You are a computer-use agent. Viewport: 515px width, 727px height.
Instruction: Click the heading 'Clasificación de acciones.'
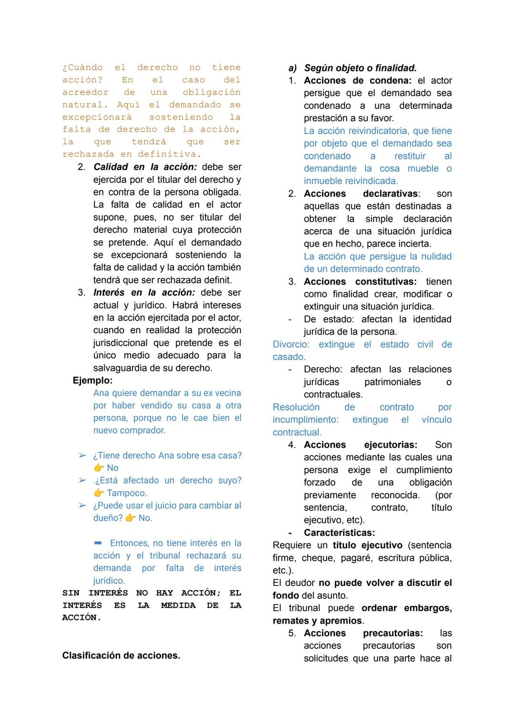click(x=121, y=655)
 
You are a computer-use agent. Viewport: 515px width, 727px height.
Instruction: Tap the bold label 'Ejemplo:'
click(x=93, y=380)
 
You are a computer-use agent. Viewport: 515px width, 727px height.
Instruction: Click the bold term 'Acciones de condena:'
click(x=358, y=81)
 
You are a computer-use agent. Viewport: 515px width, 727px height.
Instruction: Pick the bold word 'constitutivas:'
click(x=386, y=282)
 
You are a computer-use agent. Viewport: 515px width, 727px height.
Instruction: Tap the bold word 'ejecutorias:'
click(x=391, y=445)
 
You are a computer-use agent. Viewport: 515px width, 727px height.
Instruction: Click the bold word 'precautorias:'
click(x=392, y=633)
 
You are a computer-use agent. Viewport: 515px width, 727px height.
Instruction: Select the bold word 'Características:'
click(x=339, y=532)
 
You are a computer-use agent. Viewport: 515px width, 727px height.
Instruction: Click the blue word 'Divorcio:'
click(x=291, y=344)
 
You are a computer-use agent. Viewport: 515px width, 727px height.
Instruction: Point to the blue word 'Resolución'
click(x=296, y=407)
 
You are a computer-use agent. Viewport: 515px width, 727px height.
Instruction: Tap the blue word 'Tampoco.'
click(x=127, y=493)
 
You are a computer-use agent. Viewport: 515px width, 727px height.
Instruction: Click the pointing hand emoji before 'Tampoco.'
click(x=99, y=493)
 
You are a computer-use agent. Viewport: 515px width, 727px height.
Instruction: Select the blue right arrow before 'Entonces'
click(x=98, y=543)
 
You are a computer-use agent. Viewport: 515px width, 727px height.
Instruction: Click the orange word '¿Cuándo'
click(x=82, y=68)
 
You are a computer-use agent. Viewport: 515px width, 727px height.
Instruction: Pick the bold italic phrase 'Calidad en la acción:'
click(x=145, y=167)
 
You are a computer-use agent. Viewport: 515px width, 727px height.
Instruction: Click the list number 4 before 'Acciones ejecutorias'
click(x=292, y=445)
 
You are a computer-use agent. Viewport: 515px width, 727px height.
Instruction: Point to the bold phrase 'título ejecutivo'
click(x=367, y=545)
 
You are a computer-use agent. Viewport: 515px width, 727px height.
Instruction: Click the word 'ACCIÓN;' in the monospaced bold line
click(x=201, y=593)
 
